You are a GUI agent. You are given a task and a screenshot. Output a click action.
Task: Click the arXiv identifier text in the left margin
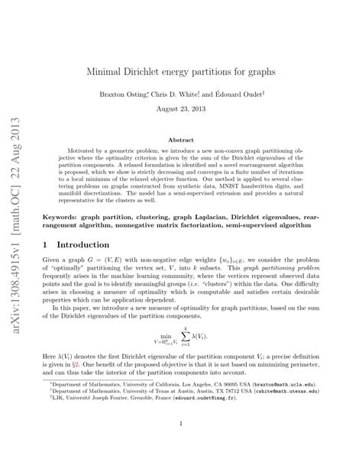[18, 229]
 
